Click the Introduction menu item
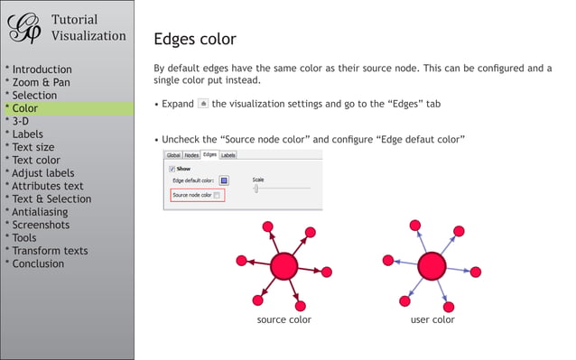pyautogui.click(x=42, y=69)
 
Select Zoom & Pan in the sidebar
pyautogui.click(x=41, y=82)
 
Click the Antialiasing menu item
pyautogui.click(x=40, y=212)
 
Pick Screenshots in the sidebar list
pyautogui.click(x=41, y=225)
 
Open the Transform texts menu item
pyautogui.click(x=51, y=251)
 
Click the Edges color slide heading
pyautogui.click(x=195, y=39)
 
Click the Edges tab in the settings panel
pyautogui.click(x=209, y=155)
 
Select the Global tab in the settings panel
pyautogui.click(x=172, y=155)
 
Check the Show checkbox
pyautogui.click(x=172, y=168)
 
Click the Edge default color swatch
pyautogui.click(x=224, y=180)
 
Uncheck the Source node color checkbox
pyautogui.click(x=217, y=195)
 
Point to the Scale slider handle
pyautogui.click(x=256, y=189)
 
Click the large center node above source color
pyautogui.click(x=283, y=266)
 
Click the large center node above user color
pyautogui.click(x=432, y=266)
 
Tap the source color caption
pyautogui.click(x=283, y=319)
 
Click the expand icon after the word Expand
pyautogui.click(x=202, y=104)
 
